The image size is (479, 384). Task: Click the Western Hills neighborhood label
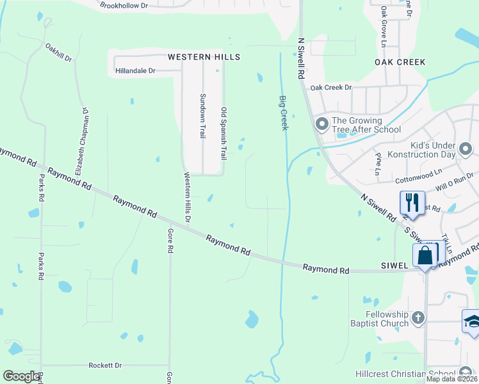pos(204,57)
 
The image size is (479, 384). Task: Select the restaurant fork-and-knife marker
pos(412,203)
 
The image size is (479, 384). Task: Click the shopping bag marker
pos(425,256)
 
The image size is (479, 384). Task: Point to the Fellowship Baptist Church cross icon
pos(418,317)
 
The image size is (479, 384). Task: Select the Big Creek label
pos(282,113)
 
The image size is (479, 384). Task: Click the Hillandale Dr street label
pos(135,71)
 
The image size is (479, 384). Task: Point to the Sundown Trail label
pos(202,116)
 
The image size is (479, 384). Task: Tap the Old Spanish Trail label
pos(223,134)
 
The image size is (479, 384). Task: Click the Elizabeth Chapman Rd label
pos(81,141)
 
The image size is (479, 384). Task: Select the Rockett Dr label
pos(105,365)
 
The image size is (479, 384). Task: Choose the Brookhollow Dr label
pos(124,5)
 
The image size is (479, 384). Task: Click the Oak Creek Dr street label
pos(331,87)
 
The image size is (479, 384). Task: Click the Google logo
pos(21,376)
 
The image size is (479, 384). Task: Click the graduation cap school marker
pos(471,321)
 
